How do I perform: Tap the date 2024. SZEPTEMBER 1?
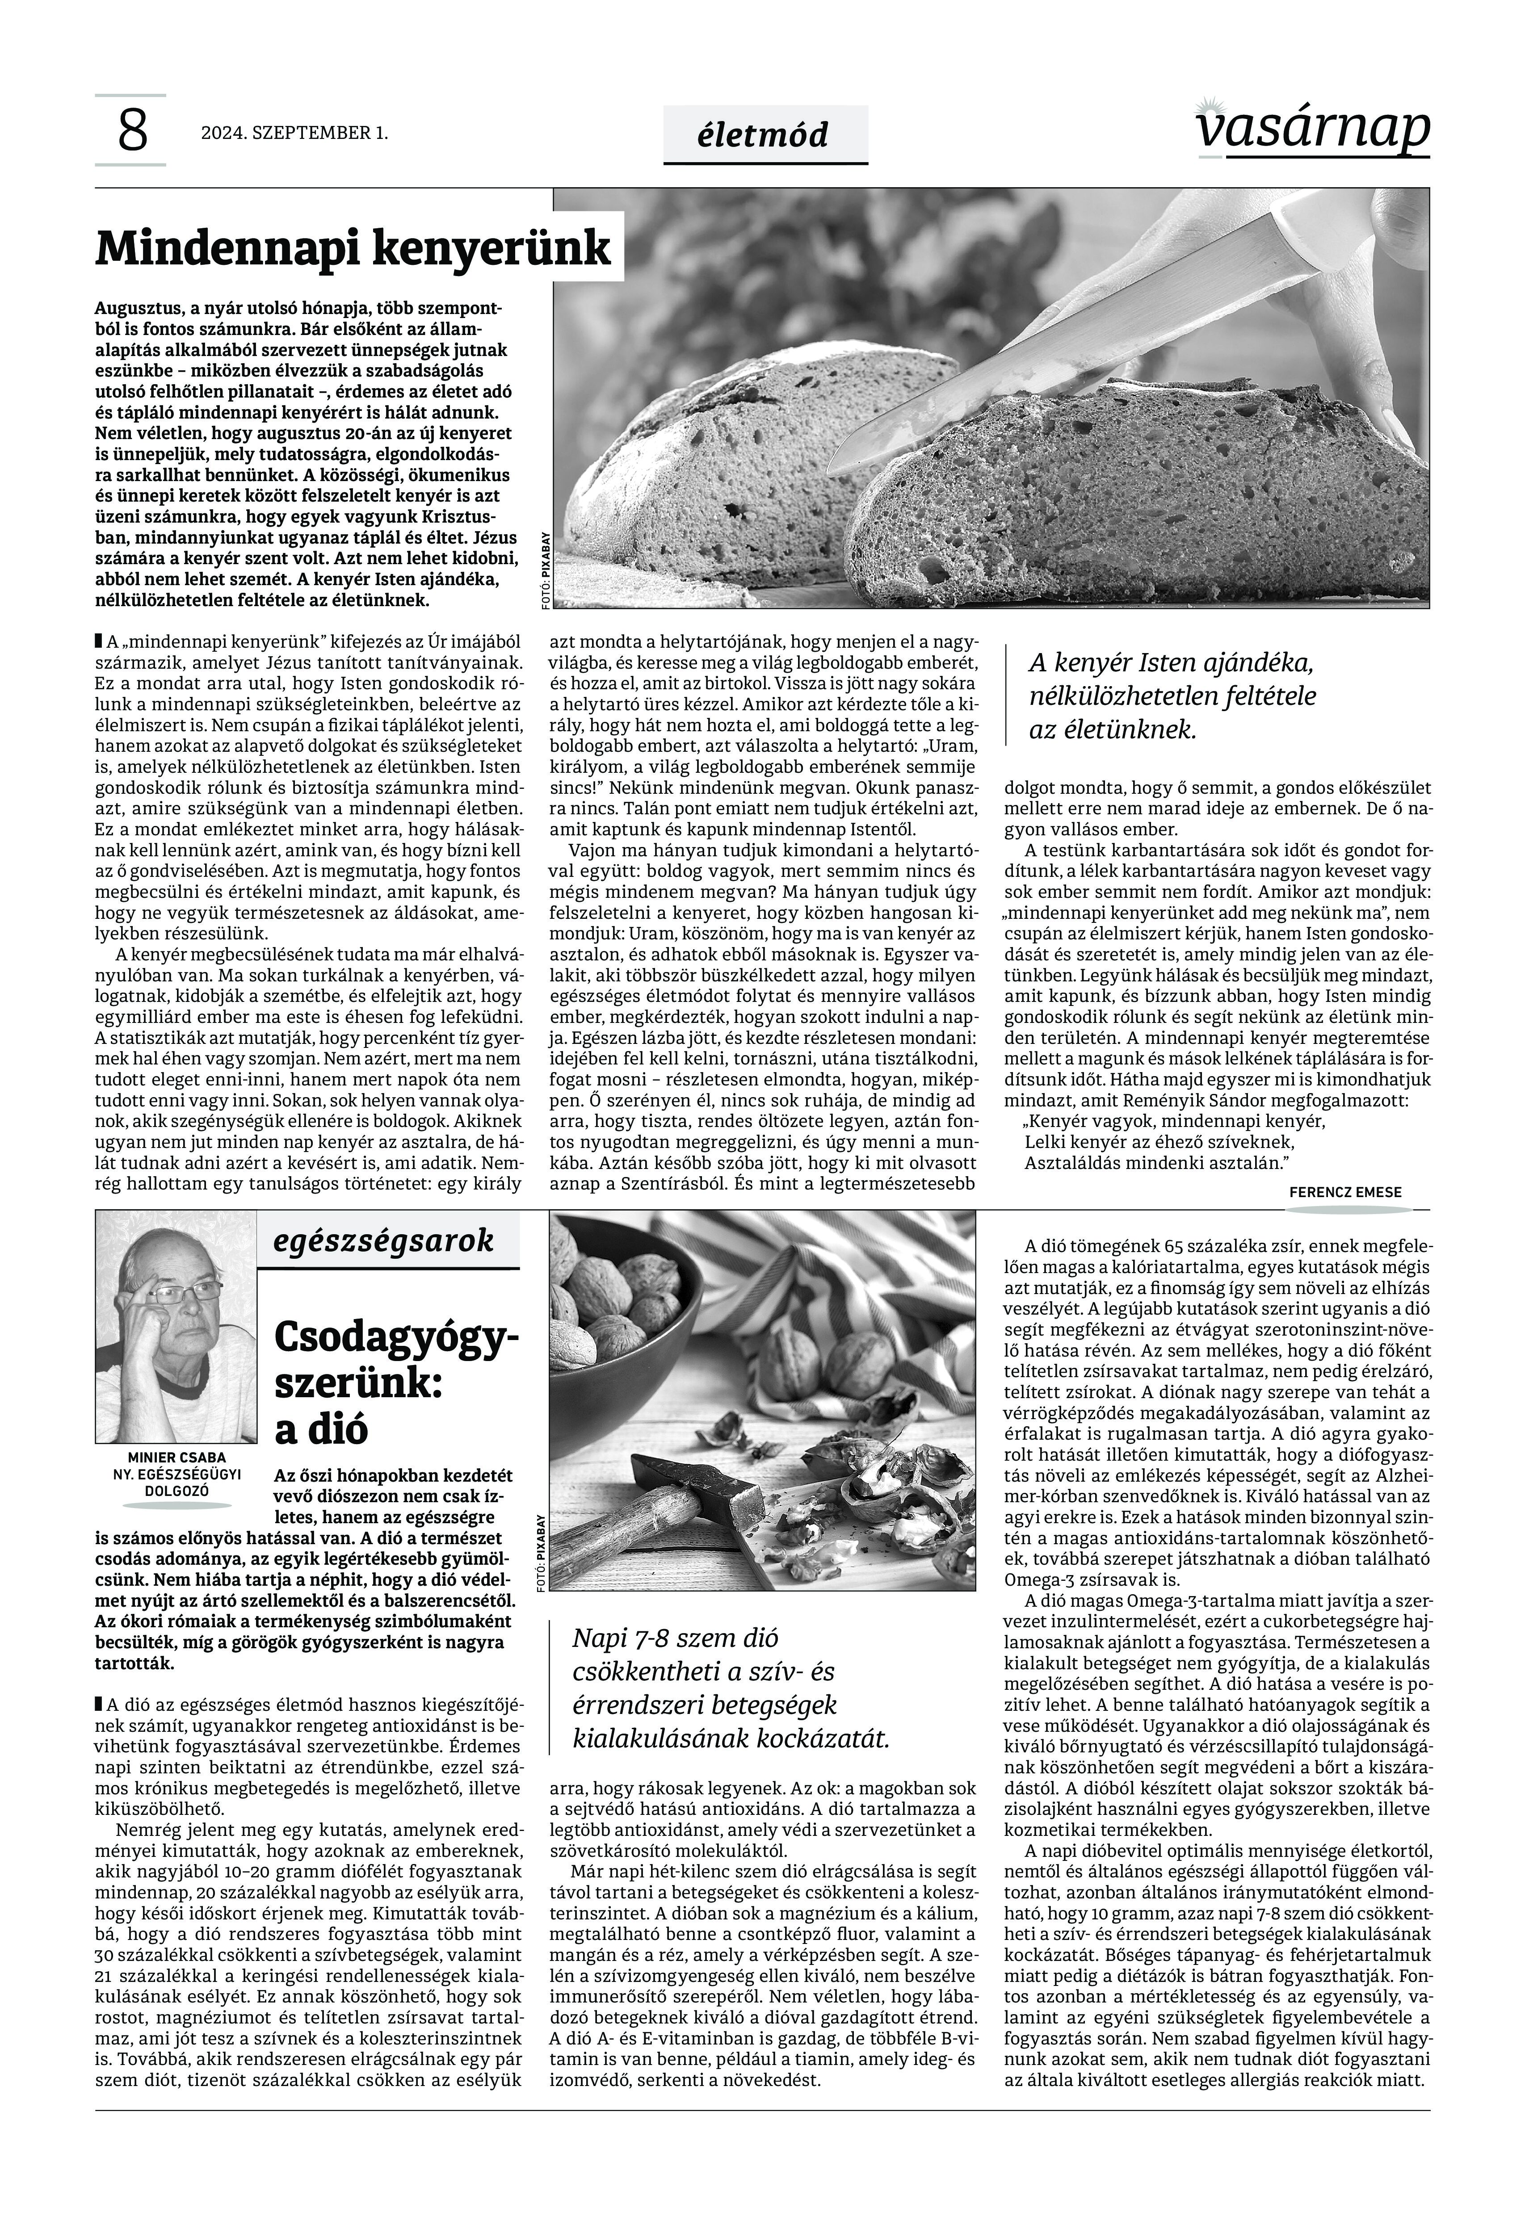pyautogui.click(x=294, y=133)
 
